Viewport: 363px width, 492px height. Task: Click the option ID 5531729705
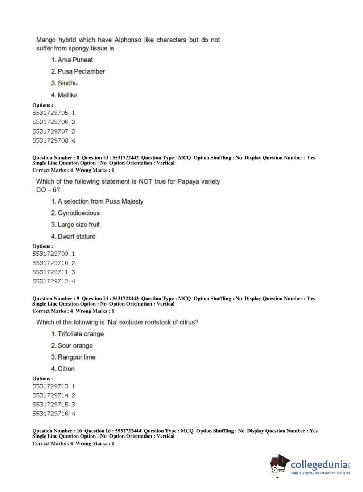click(50, 113)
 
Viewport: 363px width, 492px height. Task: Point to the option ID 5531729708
click(50, 140)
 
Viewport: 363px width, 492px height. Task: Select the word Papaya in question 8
click(187, 181)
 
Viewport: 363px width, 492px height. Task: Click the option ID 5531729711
click(50, 272)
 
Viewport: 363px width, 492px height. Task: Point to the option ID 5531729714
click(50, 395)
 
